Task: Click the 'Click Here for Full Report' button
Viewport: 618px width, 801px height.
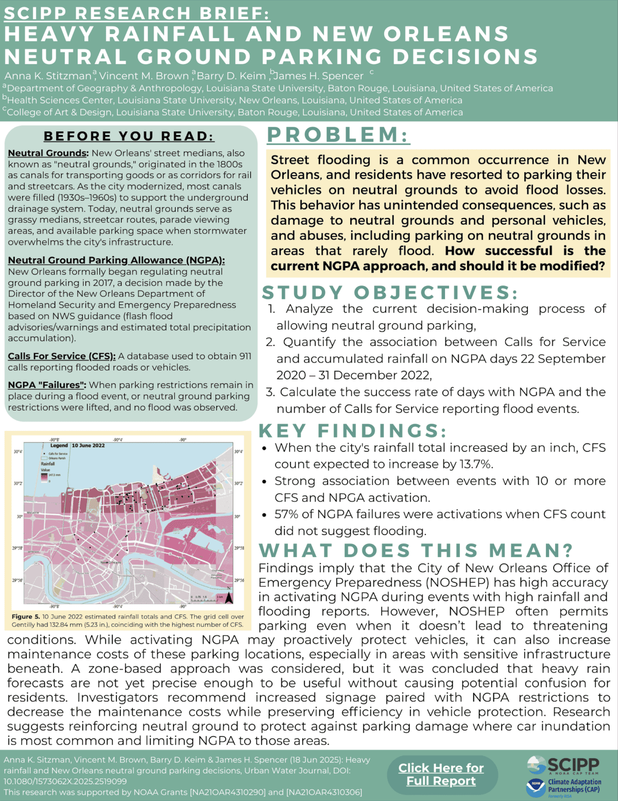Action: [x=441, y=774]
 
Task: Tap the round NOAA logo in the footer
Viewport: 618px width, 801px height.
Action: [x=536, y=787]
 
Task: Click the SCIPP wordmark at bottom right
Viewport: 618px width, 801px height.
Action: [x=573, y=764]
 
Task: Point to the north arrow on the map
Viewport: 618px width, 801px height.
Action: [x=229, y=597]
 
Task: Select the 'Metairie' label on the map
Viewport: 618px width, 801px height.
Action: [x=32, y=513]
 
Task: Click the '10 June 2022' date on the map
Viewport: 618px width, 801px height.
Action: [x=88, y=445]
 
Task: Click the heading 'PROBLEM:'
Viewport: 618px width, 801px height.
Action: [x=338, y=135]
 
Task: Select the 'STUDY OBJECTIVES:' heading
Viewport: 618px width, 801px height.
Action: [x=390, y=293]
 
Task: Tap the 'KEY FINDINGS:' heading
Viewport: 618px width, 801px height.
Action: [x=352, y=431]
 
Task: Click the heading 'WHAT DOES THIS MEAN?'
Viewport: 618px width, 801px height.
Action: [x=416, y=550]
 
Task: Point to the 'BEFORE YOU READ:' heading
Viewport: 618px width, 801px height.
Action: [x=129, y=136]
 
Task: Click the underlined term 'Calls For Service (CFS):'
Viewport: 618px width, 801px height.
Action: [x=62, y=356]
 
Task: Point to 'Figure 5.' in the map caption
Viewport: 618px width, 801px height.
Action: [x=26, y=616]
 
